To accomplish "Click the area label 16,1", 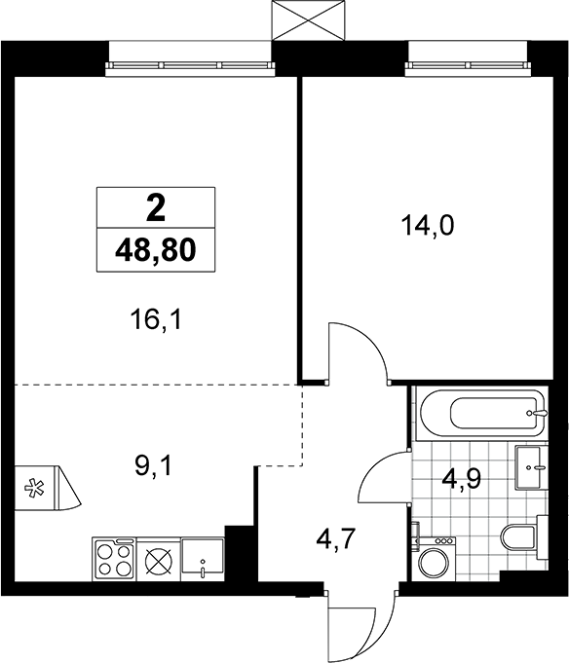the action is pyautogui.click(x=156, y=320).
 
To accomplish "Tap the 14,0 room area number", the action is pyautogui.click(x=428, y=225).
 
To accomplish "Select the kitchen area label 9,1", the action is pyautogui.click(x=153, y=466).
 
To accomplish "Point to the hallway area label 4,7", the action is pyautogui.click(x=334, y=539).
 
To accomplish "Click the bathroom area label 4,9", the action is pyautogui.click(x=461, y=479).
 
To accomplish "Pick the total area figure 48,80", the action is pyautogui.click(x=155, y=250).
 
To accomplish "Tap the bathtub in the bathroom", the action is pyautogui.click(x=482, y=413).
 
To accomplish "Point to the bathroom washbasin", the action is pyautogui.click(x=530, y=467).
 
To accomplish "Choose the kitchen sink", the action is pyautogui.click(x=203, y=558).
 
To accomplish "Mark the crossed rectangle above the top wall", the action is pyautogui.click(x=309, y=20).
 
